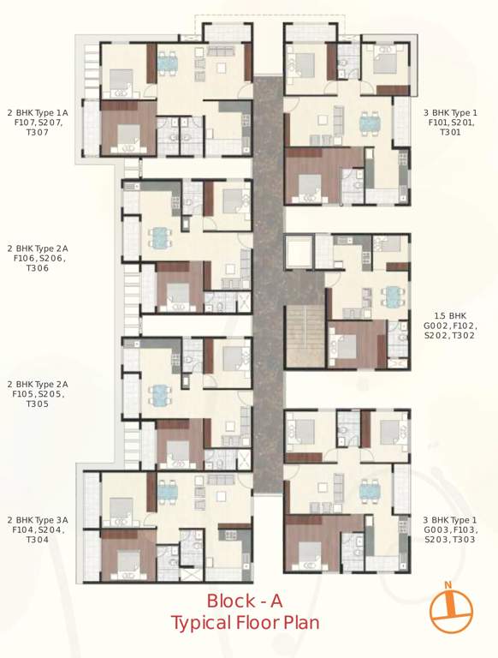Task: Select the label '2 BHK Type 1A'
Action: [x=38, y=112]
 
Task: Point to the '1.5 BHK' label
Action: [x=450, y=315]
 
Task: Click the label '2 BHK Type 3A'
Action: [x=38, y=520]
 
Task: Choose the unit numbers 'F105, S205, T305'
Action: [x=38, y=399]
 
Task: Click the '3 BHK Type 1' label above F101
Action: [x=450, y=112]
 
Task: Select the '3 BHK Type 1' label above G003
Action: [x=450, y=520]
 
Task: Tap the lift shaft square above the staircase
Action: [x=299, y=254]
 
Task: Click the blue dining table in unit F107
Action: [x=167, y=63]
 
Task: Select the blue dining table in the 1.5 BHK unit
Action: [x=392, y=296]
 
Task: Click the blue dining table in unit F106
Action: [x=159, y=237]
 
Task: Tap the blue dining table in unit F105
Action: [x=159, y=393]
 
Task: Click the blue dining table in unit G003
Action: [x=369, y=491]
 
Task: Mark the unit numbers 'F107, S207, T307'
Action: [x=38, y=128]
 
